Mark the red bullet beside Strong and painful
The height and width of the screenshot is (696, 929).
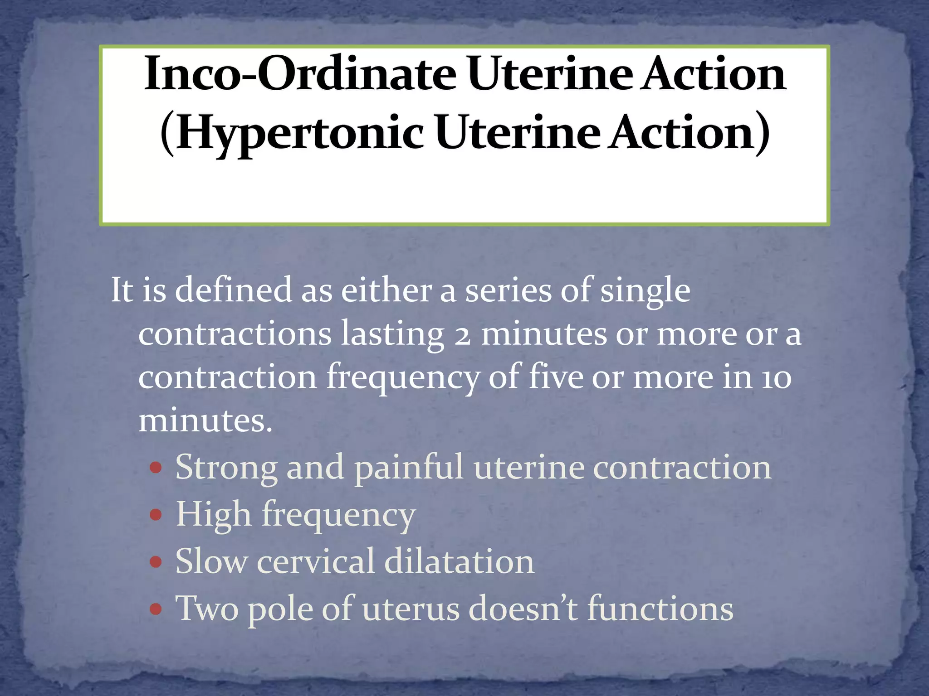click(156, 468)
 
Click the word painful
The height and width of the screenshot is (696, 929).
click(409, 468)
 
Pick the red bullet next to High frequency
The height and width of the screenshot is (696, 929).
click(156, 515)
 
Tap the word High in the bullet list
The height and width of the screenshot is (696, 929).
click(213, 515)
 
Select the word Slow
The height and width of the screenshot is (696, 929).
click(211, 562)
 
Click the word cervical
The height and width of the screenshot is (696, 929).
click(316, 562)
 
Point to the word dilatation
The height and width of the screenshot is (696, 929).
click(459, 562)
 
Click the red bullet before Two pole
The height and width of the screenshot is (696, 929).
click(156, 609)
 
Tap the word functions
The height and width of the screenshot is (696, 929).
click(660, 609)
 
